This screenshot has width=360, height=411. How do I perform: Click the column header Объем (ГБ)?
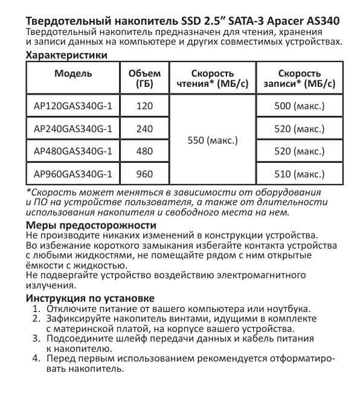[144, 79]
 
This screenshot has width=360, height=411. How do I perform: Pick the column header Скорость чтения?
[213, 79]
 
